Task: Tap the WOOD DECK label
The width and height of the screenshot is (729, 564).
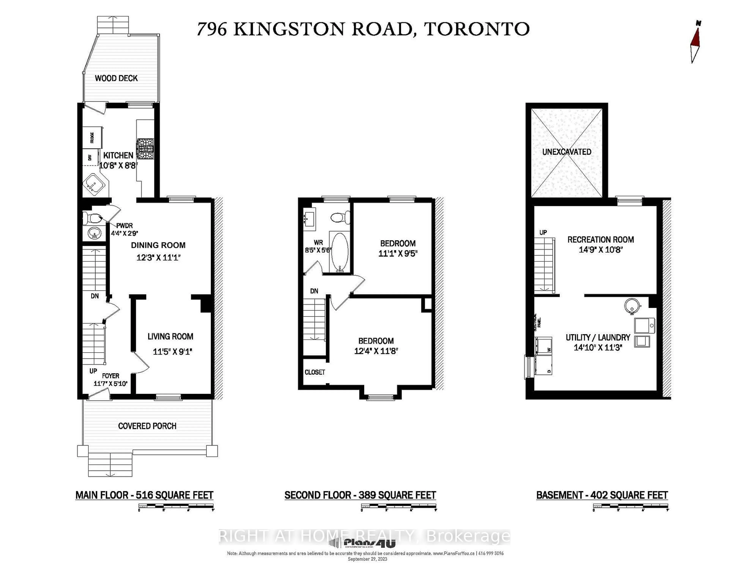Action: tap(116, 78)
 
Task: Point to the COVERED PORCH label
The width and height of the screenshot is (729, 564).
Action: tap(147, 426)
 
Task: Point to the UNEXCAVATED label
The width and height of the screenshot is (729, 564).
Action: tap(566, 152)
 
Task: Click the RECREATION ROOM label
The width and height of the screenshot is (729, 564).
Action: tap(600, 240)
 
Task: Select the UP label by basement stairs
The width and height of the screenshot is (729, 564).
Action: tap(543, 232)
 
